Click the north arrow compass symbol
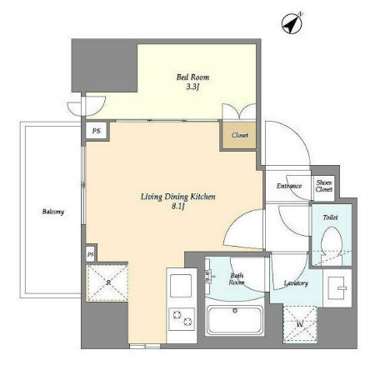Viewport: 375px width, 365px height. pyautogui.click(x=292, y=24)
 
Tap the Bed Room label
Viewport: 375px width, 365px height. pyautogui.click(x=192, y=77)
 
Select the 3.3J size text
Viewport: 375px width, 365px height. pyautogui.click(x=192, y=87)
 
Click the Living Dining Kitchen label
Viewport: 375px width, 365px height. pyautogui.click(x=177, y=197)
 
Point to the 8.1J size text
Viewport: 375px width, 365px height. pyautogui.click(x=178, y=207)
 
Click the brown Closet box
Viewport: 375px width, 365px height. pyautogui.click(x=239, y=135)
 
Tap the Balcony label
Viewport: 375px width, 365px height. pyautogui.click(x=53, y=212)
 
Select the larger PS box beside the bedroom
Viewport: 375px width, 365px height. pyautogui.click(x=96, y=131)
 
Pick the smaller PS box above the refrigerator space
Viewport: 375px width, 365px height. pyautogui.click(x=90, y=254)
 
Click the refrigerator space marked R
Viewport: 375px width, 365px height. pyautogui.click(x=107, y=282)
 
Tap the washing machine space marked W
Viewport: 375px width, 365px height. pyautogui.click(x=300, y=324)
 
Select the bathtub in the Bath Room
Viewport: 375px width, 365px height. pyautogui.click(x=235, y=320)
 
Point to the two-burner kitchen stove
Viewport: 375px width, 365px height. pyautogui.click(x=182, y=319)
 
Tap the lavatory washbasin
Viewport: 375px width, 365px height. pyautogui.click(x=337, y=287)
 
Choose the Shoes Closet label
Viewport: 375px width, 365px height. pyautogui.click(x=324, y=186)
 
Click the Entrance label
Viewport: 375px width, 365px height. pyautogui.click(x=289, y=186)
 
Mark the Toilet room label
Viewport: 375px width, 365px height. pyautogui.click(x=330, y=217)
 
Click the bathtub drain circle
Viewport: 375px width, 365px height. pyautogui.click(x=235, y=310)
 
